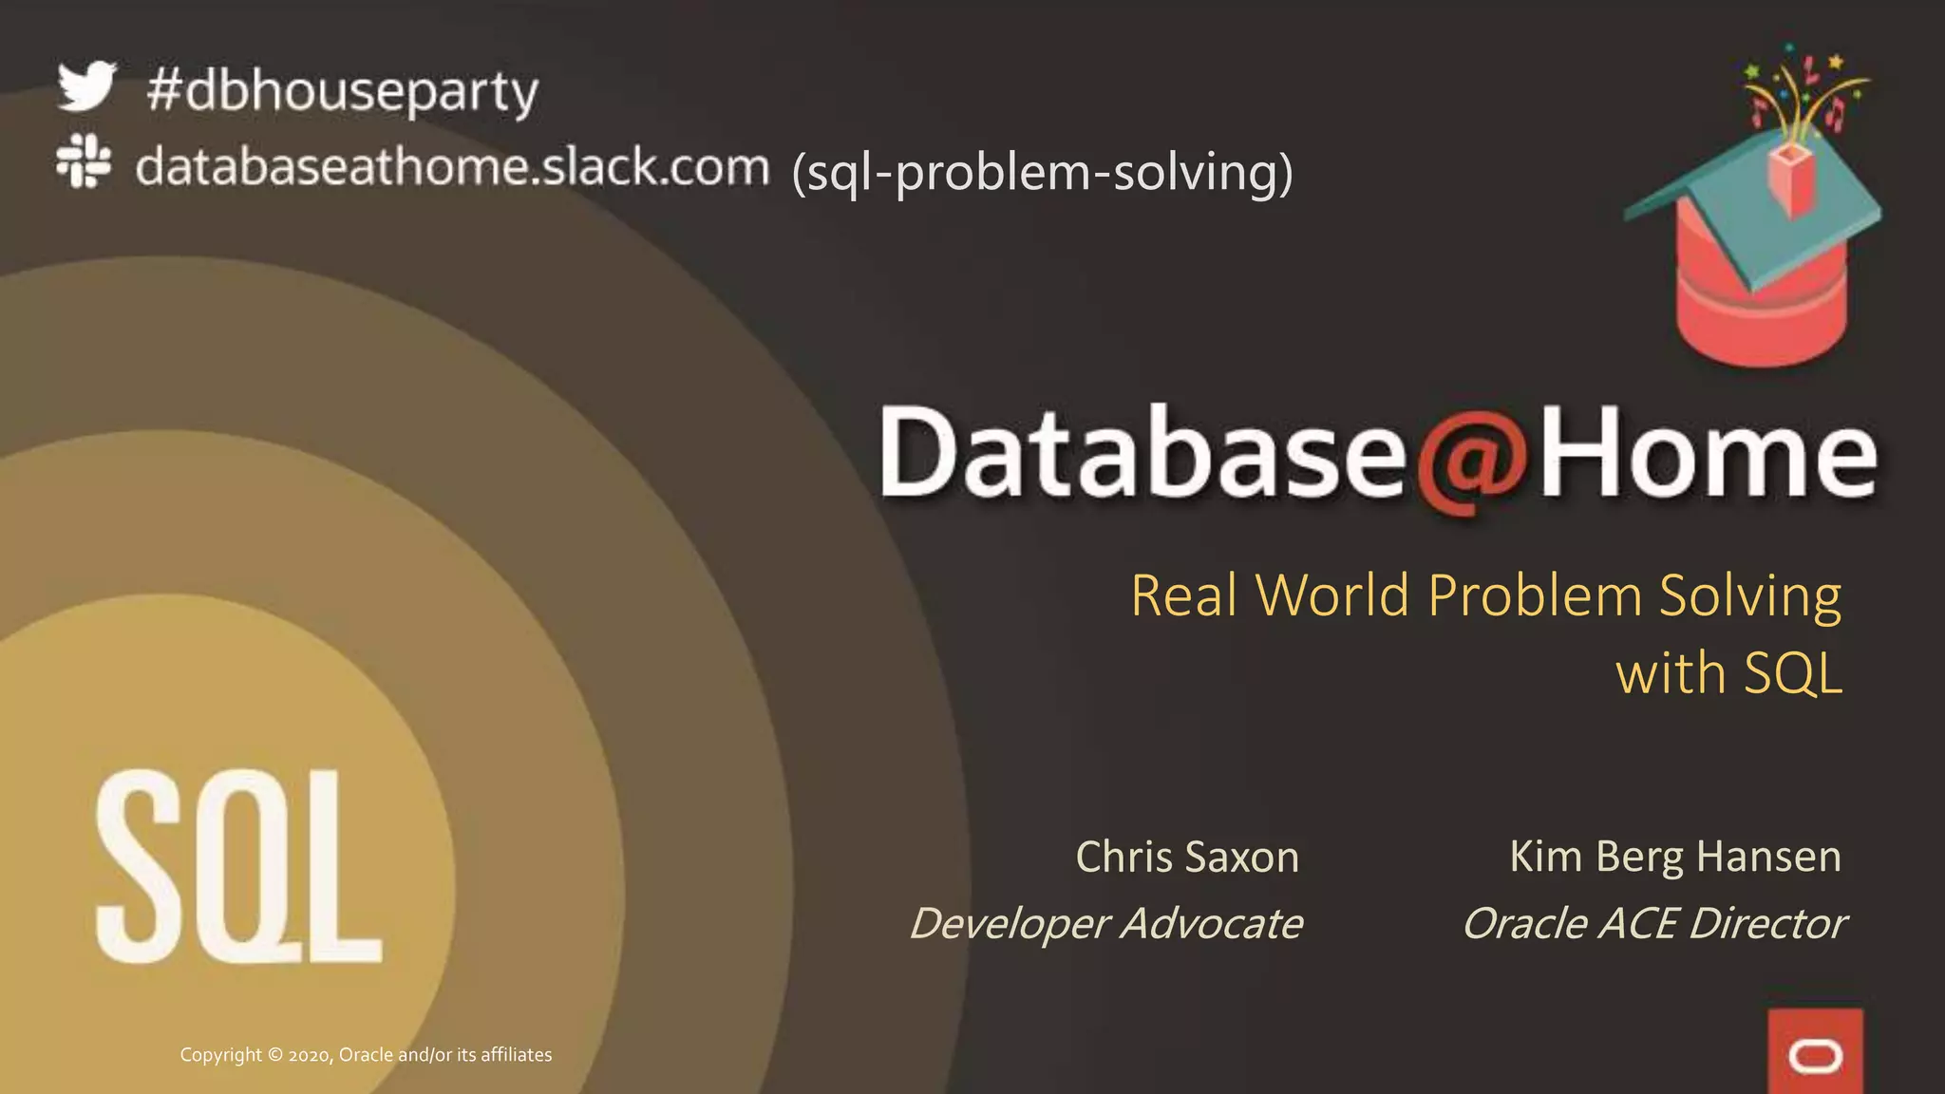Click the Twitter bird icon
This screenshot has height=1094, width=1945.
(86, 86)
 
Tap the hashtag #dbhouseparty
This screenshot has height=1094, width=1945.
(343, 93)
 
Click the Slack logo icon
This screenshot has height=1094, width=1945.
(84, 160)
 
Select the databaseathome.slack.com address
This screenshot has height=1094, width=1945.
(452, 167)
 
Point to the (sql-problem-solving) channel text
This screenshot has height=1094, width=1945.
(1042, 173)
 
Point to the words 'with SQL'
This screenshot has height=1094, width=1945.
(1728, 673)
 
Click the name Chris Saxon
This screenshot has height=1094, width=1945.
(1187, 857)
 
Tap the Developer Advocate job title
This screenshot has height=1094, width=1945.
(1106, 923)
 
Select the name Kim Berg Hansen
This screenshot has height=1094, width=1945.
(1675, 857)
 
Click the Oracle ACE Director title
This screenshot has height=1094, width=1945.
(1653, 923)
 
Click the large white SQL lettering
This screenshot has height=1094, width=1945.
(238, 867)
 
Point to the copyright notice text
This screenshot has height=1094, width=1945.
(366, 1055)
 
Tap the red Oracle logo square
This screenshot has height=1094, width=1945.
(1815, 1052)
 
